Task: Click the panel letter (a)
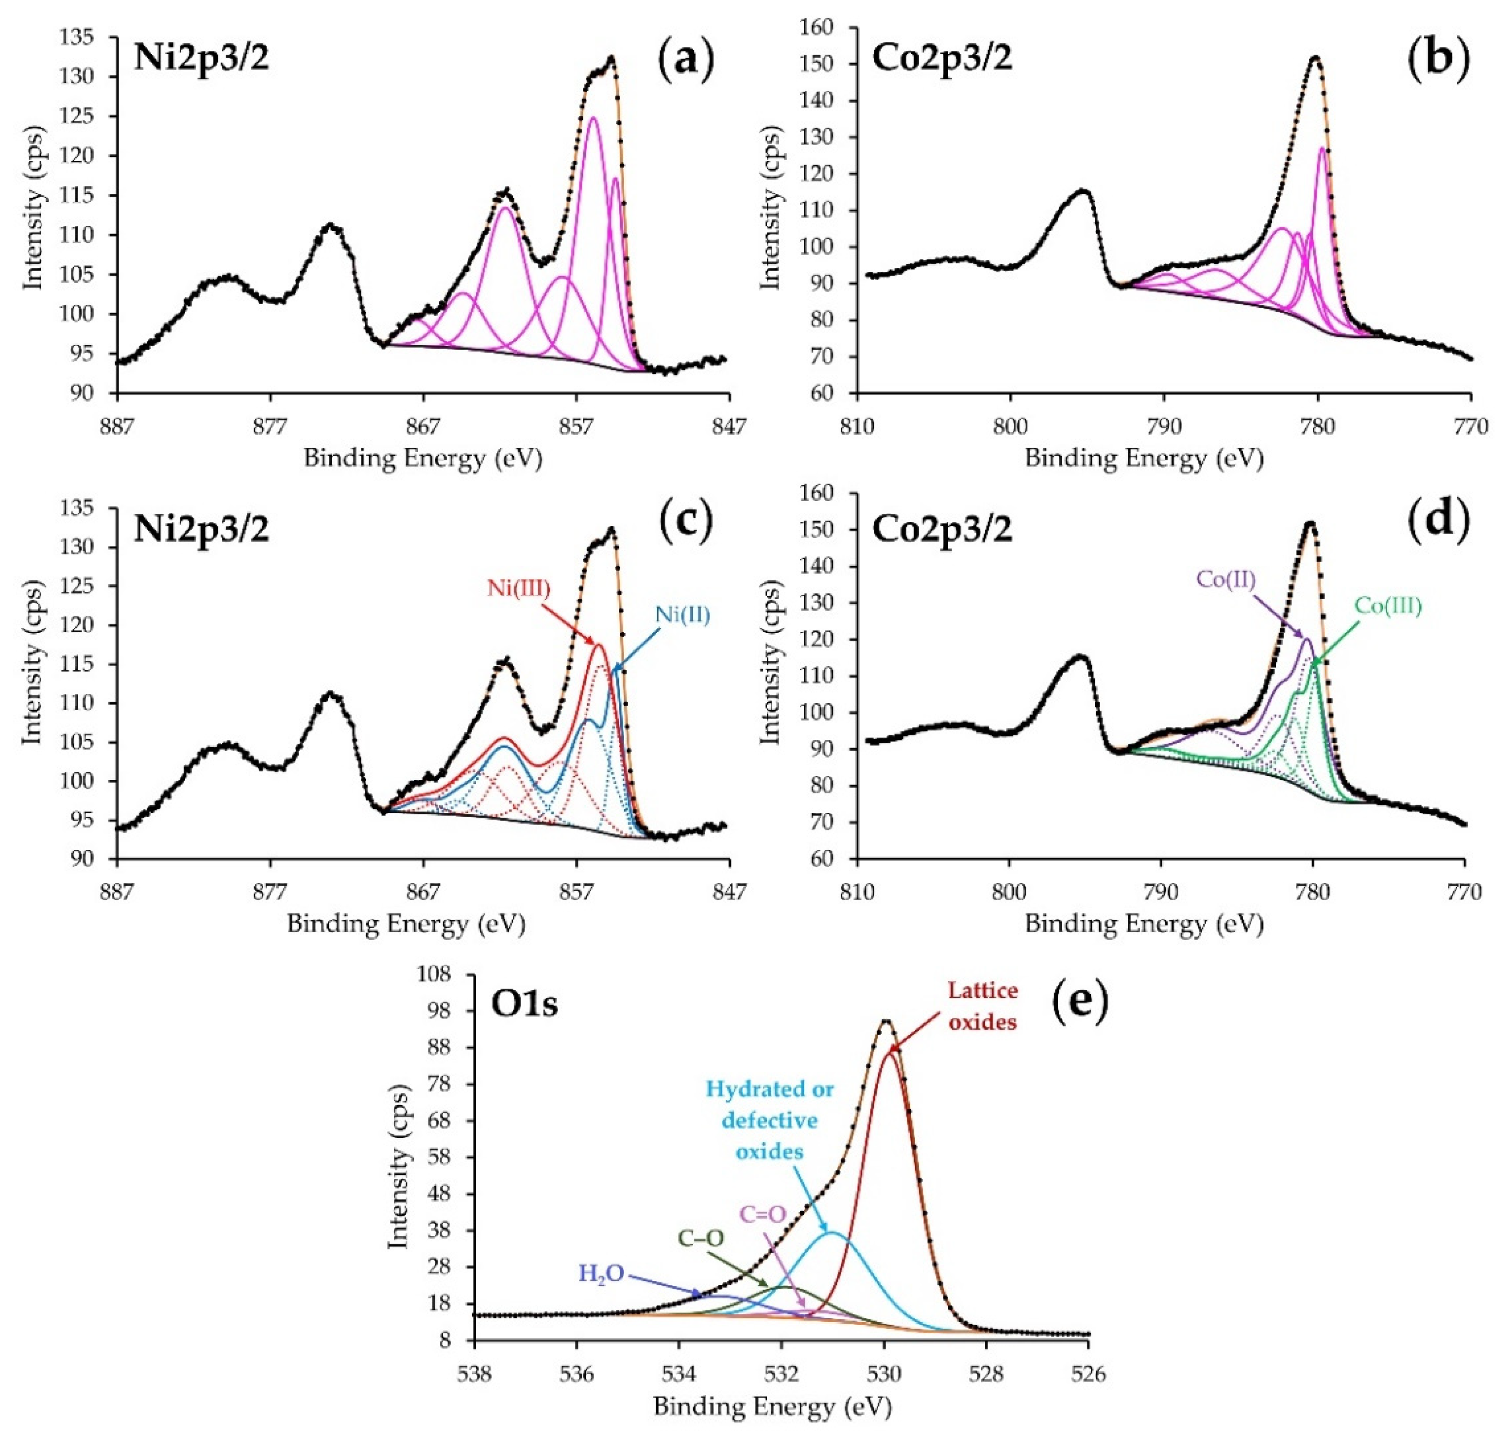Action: (x=686, y=59)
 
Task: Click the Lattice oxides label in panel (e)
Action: (x=983, y=1006)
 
